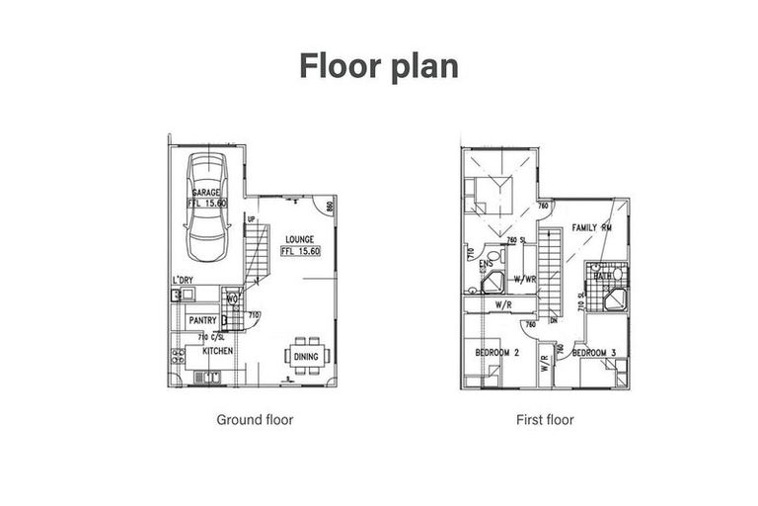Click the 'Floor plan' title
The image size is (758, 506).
379,65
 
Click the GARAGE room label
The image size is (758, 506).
206,193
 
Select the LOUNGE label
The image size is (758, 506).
300,239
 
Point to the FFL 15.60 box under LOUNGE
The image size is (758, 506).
301,251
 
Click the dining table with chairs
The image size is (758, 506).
304,357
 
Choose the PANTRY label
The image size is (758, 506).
202,320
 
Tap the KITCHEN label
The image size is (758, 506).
217,351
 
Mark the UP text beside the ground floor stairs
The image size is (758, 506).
252,219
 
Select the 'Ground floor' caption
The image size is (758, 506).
255,419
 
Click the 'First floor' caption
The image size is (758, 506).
545,419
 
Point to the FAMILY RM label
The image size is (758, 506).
592,227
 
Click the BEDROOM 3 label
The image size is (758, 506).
594,353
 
